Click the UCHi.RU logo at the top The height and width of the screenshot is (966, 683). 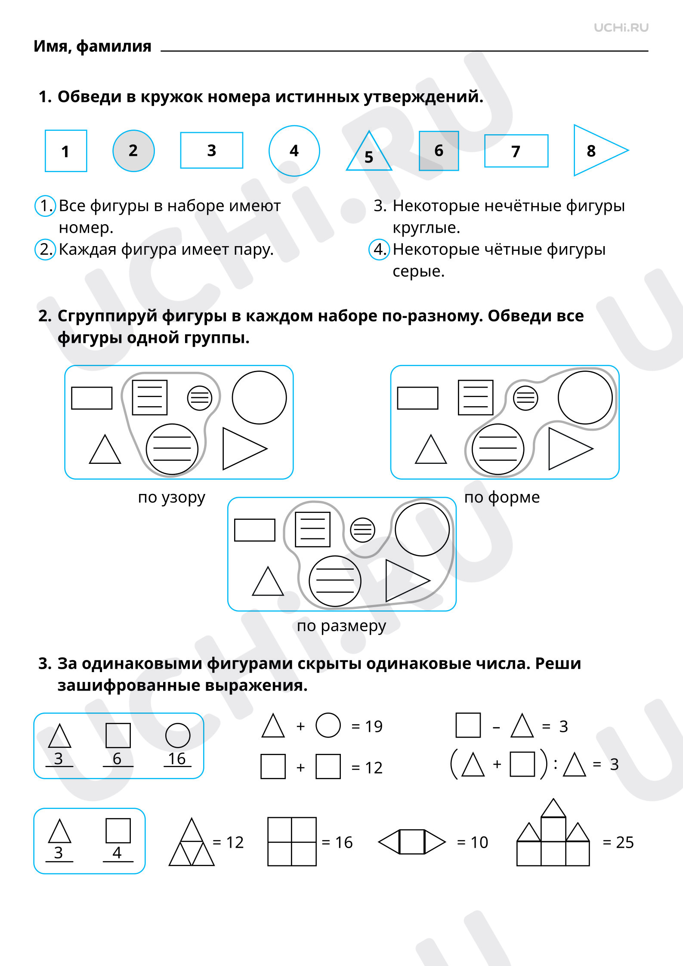pos(621,28)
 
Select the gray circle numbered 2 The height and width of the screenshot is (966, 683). pos(133,151)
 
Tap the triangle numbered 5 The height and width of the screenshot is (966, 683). pos(369,151)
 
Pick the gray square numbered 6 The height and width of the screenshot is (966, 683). pos(439,151)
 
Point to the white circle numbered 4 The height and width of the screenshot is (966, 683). pos(294,151)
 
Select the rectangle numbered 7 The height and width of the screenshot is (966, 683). pos(516,151)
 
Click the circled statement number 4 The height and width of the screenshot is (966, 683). pos(379,249)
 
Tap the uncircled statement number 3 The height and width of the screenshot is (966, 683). pos(380,206)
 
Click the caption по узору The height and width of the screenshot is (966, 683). pos(171,497)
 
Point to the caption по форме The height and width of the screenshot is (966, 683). pos(502,497)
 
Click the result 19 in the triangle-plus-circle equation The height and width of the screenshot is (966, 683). pos(374,726)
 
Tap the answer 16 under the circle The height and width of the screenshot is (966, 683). pos(177,759)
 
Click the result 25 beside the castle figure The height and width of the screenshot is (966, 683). pos(625,842)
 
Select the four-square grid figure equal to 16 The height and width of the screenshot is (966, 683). pos(292,841)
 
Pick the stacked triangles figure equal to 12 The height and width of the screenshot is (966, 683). pos(192,842)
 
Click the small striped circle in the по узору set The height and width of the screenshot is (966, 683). pos(200,398)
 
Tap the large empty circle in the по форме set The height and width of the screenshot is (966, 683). pos(585,398)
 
